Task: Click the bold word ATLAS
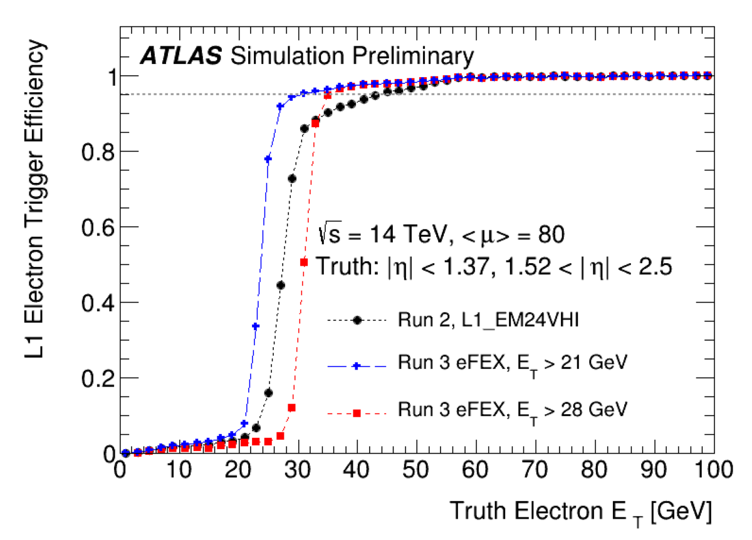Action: pyautogui.click(x=180, y=56)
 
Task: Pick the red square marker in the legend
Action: pyautogui.click(x=357, y=413)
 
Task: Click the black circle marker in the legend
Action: pyautogui.click(x=357, y=320)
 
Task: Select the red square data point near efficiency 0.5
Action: pyautogui.click(x=304, y=262)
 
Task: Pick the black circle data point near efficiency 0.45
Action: pyautogui.click(x=281, y=285)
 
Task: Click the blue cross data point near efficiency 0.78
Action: pyautogui.click(x=268, y=159)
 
